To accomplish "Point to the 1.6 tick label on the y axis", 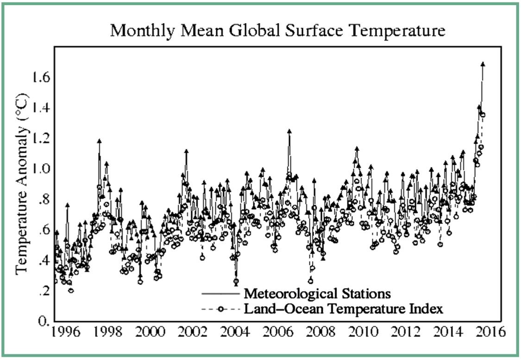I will (40, 77).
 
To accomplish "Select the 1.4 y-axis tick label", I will (40, 108).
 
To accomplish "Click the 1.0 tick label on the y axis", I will (40, 168).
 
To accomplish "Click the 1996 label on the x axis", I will (63, 333).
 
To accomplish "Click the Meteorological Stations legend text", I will (317, 294).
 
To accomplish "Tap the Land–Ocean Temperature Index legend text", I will (343, 309).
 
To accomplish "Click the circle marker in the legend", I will (221, 308).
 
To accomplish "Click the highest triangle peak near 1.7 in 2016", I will (483, 64).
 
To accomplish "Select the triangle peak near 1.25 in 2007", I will (289, 131).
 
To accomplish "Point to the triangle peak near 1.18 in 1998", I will (99, 141).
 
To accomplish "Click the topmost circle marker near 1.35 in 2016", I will (483, 115).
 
